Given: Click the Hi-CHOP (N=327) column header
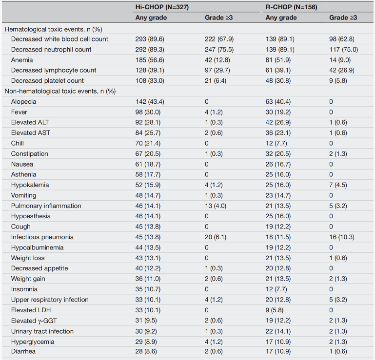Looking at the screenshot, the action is point(162,7).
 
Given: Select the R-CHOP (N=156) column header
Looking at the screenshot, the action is point(291,7).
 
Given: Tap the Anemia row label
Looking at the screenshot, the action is point(22,60).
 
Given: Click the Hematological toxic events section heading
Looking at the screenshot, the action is point(53,29).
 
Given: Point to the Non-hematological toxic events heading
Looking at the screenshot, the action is point(60,91).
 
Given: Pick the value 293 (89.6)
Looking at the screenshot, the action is point(150,39).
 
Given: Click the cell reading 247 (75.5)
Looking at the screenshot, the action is point(219,50).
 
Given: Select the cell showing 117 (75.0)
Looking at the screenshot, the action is point(343,50).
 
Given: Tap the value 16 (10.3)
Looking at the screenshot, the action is point(342,237).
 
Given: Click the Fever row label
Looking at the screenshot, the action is point(19,112).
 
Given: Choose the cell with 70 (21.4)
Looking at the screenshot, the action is point(148,143).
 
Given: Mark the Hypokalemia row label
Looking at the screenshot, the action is point(30,185).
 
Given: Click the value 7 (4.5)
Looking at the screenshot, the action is point(338,185).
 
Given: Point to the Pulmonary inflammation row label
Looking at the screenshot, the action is point(46,206).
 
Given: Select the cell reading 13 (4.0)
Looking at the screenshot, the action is point(216,206).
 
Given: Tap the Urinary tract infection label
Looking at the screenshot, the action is point(42,331).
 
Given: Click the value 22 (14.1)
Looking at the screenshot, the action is point(278,331).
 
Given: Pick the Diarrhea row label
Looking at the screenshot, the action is point(23,351).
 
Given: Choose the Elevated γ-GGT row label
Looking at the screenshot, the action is point(34,321).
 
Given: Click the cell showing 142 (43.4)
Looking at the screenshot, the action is point(150,102).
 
